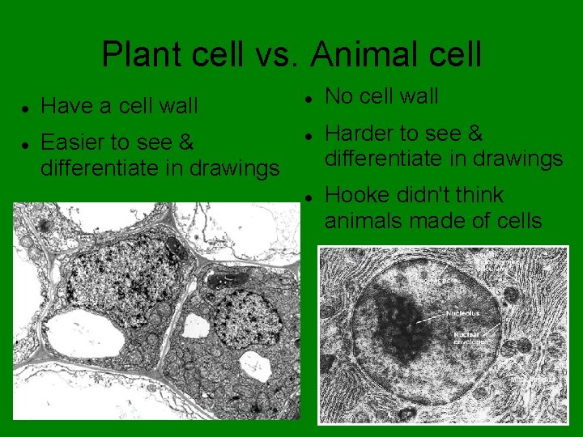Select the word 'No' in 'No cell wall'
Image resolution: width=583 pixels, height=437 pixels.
[338, 97]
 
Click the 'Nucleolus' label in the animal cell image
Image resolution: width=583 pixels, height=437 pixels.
[462, 312]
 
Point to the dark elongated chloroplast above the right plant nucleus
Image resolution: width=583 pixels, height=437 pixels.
[221, 281]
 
